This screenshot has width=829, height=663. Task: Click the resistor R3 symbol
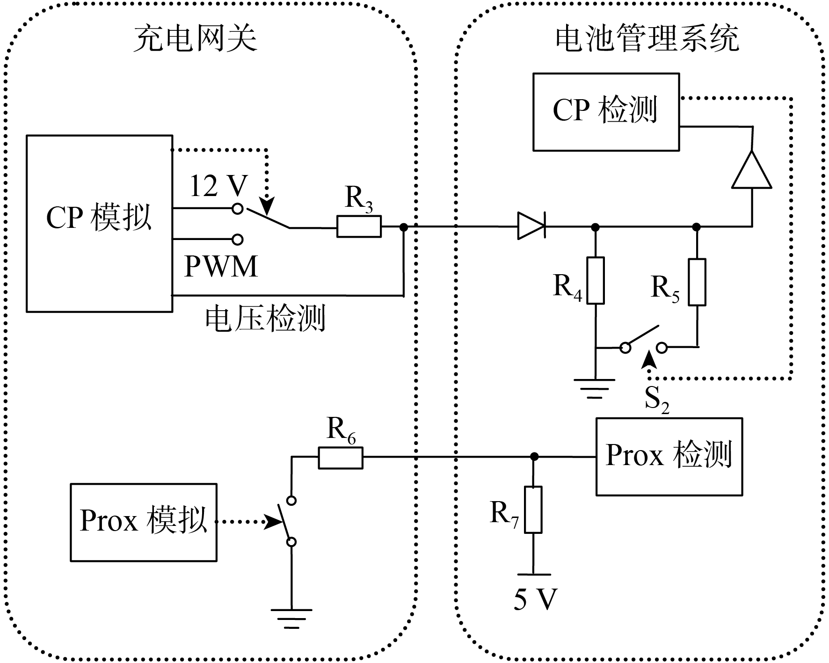(x=359, y=226)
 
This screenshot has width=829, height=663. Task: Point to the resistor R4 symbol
(x=596, y=280)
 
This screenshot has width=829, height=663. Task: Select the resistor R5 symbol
(x=697, y=282)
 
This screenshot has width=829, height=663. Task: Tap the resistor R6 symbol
(x=341, y=458)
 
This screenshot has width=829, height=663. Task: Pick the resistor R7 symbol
(x=533, y=510)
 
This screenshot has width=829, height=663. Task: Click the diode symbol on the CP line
(x=531, y=226)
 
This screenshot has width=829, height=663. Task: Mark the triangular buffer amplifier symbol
(x=751, y=169)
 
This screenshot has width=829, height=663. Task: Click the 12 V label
(x=218, y=186)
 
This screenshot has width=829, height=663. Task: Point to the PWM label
(x=221, y=266)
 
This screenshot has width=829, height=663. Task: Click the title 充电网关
(x=196, y=38)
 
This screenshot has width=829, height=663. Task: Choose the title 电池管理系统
(x=647, y=38)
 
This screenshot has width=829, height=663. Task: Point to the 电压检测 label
(x=265, y=319)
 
